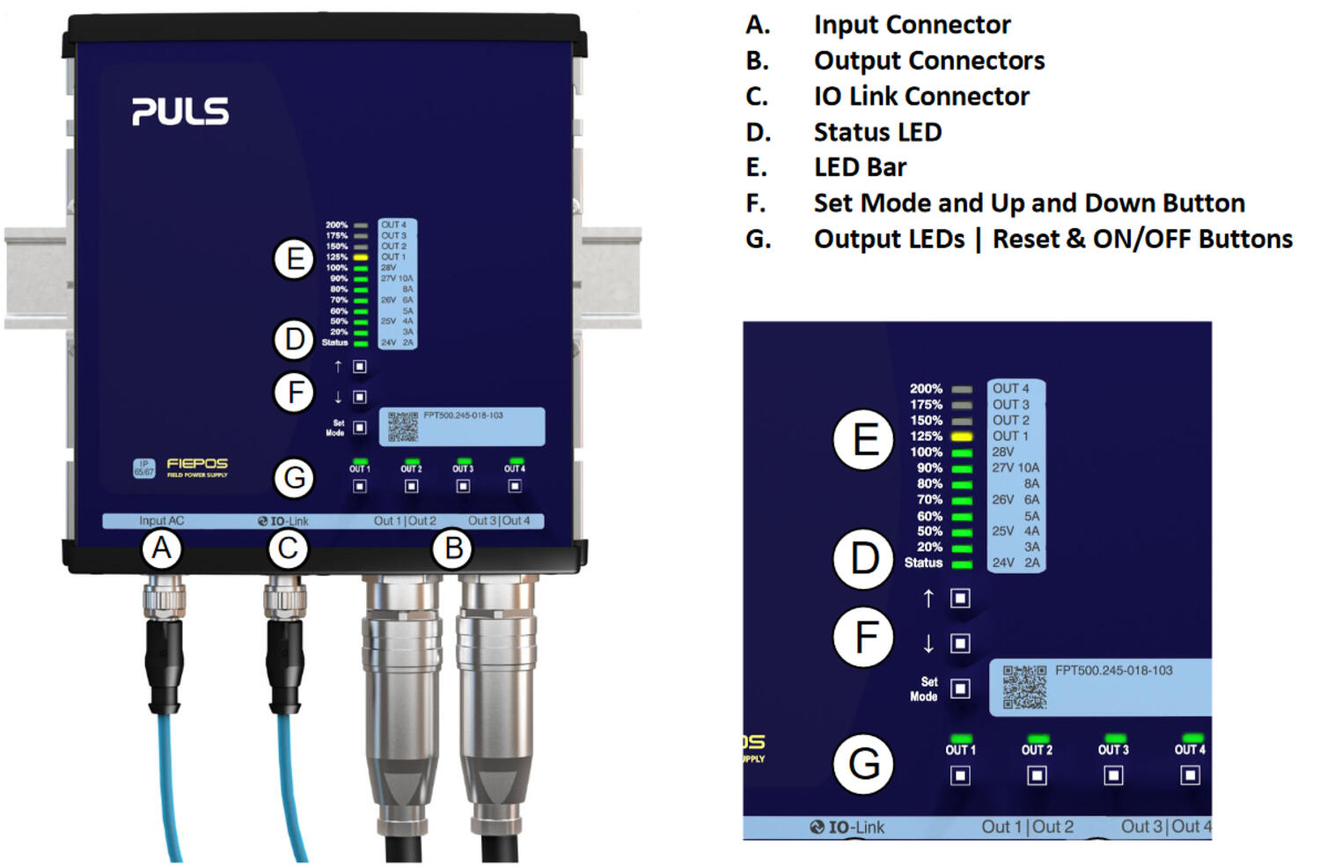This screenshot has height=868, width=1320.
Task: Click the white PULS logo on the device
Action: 180,112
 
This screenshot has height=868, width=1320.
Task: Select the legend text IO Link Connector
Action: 920,96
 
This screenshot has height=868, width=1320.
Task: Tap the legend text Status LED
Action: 877,132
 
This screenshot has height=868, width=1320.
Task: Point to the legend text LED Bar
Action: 860,167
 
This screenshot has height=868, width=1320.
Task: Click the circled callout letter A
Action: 161,548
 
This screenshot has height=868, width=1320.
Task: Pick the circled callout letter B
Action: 453,548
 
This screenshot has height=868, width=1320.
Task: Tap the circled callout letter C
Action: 288,548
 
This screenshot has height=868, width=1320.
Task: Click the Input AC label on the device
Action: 162,521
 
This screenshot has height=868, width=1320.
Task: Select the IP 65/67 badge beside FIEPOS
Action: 143,468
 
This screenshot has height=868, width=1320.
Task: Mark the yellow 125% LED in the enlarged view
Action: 962,437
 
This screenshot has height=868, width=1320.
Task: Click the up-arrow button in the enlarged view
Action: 960,599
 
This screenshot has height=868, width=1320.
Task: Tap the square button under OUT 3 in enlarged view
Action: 1113,776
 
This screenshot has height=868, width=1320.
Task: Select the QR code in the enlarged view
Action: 1024,687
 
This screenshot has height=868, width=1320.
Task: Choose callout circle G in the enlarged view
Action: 864,763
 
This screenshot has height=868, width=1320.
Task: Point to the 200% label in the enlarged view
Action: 926,389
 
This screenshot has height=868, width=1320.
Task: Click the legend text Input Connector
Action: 912,25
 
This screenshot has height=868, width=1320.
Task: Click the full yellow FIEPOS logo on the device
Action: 197,467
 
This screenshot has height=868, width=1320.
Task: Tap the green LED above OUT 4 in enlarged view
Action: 1192,738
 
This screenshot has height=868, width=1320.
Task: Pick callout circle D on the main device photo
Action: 294,340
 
